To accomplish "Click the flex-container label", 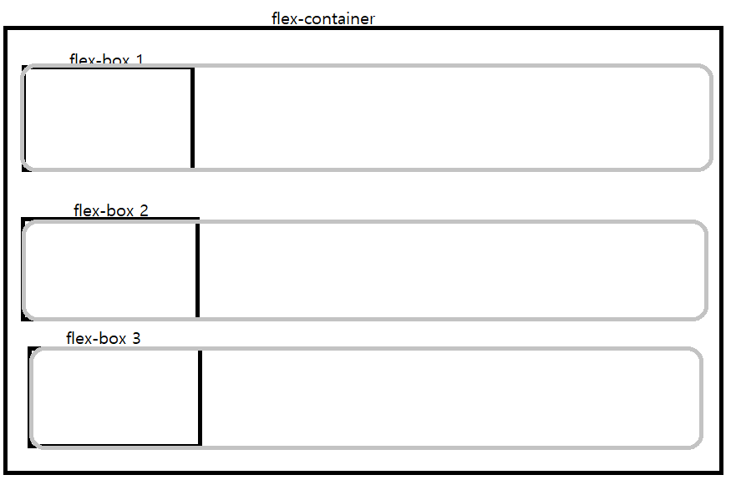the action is tap(323, 18).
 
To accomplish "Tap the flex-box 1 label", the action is tap(106, 60).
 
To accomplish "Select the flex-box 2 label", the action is tap(111, 210).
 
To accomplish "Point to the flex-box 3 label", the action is tap(104, 338).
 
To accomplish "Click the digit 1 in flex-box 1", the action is tap(139, 60).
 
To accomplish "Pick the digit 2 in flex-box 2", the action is tap(144, 210).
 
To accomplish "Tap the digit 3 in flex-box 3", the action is tap(136, 338).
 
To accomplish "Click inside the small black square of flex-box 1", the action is tap(109, 119).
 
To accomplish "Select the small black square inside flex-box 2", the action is tap(110, 270).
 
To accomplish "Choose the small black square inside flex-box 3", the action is tap(116, 397).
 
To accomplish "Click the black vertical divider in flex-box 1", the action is tap(193, 118).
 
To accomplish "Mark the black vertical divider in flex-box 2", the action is tap(197, 270).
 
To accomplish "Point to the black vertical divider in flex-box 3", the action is tap(200, 397).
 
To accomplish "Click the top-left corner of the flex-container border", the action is tap(6, 29).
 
